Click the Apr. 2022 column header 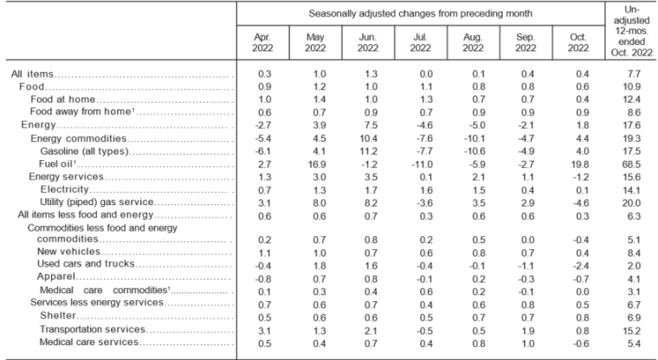[x=262, y=42]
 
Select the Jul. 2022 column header [x=420, y=42]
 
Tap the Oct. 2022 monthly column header [x=578, y=42]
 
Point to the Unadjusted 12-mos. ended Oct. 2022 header [x=631, y=31]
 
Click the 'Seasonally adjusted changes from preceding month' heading [x=421, y=14]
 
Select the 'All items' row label [x=32, y=74]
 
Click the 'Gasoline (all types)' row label [x=84, y=151]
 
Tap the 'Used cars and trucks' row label [x=86, y=263]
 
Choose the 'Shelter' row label [x=58, y=315]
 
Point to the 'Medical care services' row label [x=89, y=342]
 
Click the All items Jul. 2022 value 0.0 [x=426, y=74]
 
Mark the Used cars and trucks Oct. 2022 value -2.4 [x=579, y=266]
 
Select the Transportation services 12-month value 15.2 [x=631, y=331]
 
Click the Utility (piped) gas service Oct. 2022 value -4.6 [x=579, y=203]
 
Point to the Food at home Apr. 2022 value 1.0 [x=265, y=100]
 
